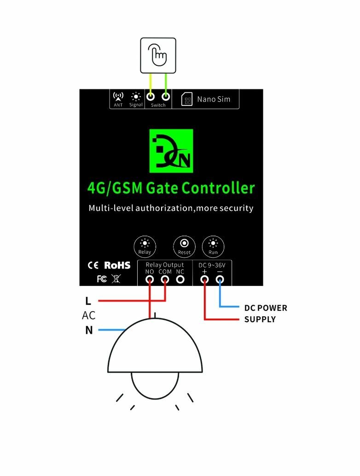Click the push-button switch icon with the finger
158,55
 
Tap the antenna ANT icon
118,97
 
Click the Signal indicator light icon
135,97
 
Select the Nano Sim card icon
187,99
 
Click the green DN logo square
172,151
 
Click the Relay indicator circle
145,246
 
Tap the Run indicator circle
213,246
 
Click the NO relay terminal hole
150,279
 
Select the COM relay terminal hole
165,279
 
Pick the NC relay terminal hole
180,279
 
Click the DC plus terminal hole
204,279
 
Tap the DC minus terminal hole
220,279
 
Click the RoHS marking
117,265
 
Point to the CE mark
93,265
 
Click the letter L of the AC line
88,302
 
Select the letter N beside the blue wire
89,330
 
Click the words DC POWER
266,308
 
